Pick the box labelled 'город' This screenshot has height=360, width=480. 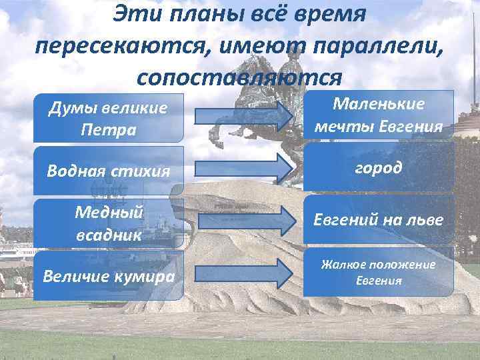379,168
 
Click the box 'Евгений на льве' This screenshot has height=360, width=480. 379,220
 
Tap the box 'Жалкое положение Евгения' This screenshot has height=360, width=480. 379,272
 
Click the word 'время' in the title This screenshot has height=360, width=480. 333,15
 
